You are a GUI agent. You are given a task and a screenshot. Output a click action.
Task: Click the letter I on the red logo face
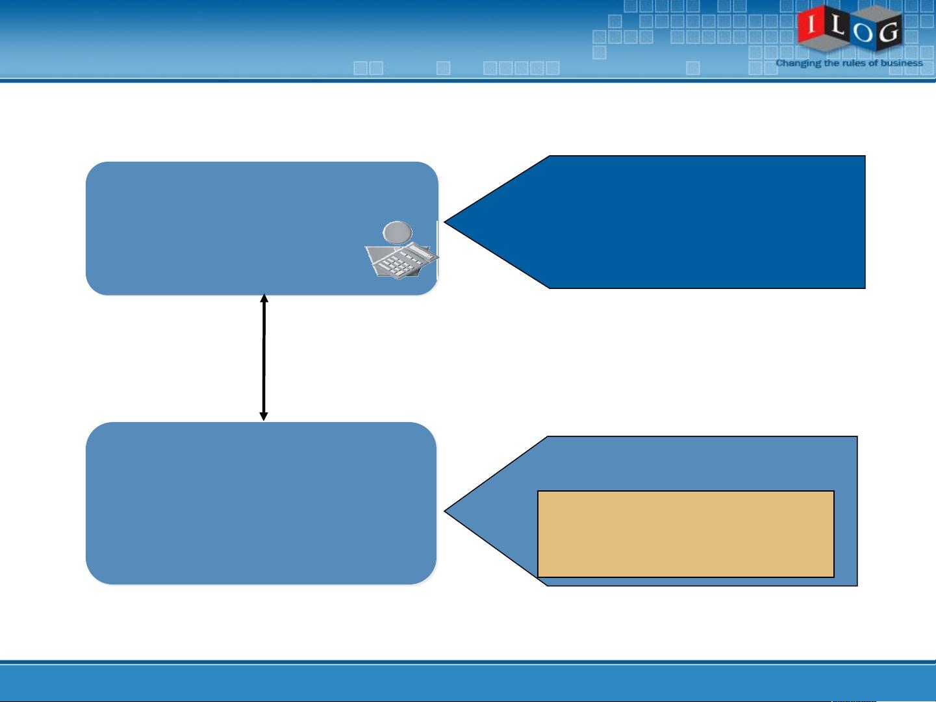coord(811,24)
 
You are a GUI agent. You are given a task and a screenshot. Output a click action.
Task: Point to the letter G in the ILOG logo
coord(889,32)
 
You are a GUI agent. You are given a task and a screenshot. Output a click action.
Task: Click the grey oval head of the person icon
coord(398,232)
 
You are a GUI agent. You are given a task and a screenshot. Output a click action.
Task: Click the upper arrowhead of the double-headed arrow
coord(264,298)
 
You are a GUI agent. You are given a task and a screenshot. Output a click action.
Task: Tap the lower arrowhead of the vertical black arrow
coord(264,416)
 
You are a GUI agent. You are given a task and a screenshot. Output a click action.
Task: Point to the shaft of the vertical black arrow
coord(264,357)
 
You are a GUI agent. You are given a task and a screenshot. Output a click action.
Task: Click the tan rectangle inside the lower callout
coord(686,534)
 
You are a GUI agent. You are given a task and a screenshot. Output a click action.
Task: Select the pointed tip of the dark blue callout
coord(444,221)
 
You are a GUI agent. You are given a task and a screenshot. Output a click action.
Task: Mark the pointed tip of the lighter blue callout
coord(444,510)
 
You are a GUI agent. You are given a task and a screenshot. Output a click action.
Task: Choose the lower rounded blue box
coord(261,503)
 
